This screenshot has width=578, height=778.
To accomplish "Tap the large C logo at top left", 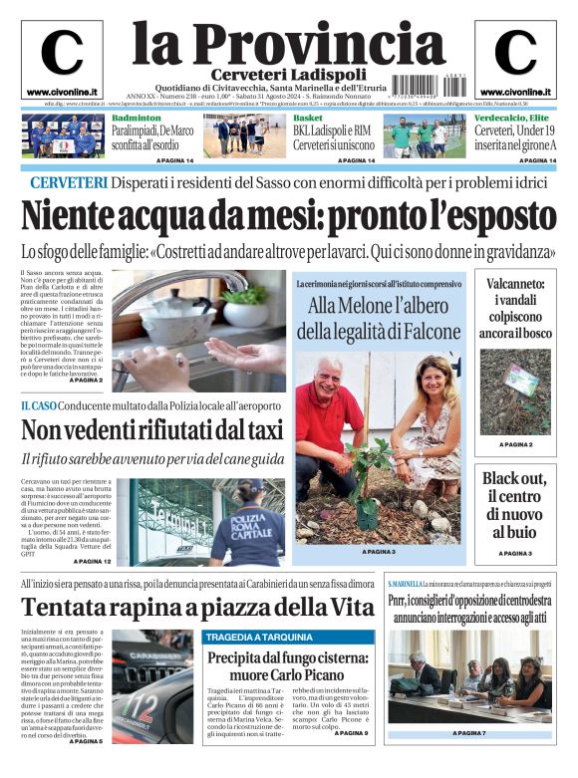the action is coord(61,54).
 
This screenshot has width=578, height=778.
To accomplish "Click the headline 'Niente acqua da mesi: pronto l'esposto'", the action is coord(288,216).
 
